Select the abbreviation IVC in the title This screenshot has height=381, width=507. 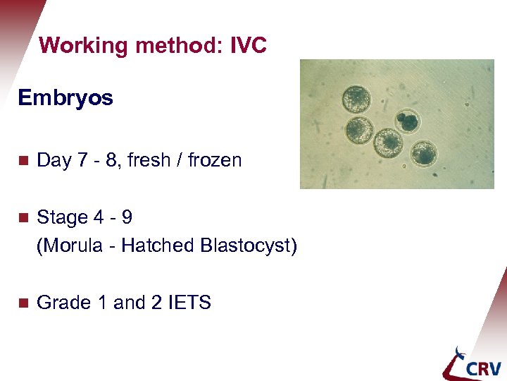(x=248, y=47)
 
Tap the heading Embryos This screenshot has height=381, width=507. (x=65, y=98)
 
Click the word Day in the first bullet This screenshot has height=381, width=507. (x=53, y=161)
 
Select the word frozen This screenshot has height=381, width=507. (x=215, y=160)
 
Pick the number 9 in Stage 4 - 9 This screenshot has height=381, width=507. (x=125, y=217)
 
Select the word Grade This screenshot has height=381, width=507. (x=59, y=303)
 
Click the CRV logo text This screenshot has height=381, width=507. (x=482, y=368)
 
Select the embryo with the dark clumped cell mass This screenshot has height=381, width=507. (x=406, y=121)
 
